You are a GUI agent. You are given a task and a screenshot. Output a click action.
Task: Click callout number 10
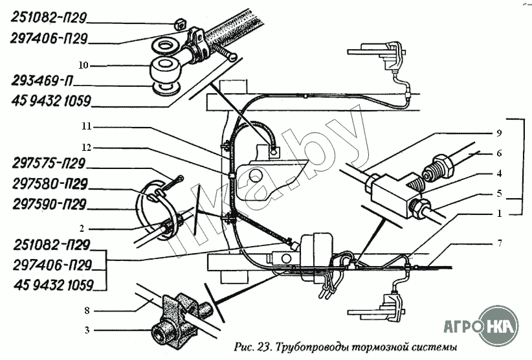[84, 65]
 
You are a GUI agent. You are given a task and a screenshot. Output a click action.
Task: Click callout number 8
[87, 311]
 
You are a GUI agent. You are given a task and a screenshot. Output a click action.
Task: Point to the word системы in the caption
[433, 347]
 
